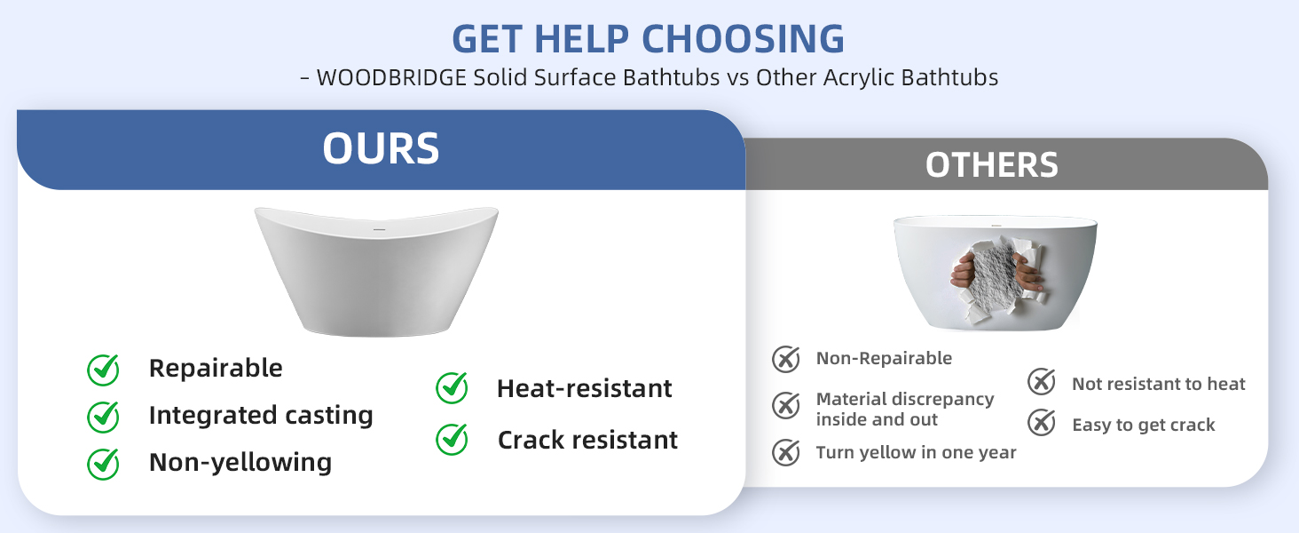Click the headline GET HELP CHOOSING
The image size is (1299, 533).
tap(648, 39)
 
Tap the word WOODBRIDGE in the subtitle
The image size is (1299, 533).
tap(391, 77)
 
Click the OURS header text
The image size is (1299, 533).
tap(381, 148)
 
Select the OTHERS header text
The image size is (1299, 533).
tap(992, 164)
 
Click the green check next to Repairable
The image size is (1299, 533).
tap(103, 370)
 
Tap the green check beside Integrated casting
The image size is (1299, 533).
tap(103, 417)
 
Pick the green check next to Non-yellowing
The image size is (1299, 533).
tap(103, 464)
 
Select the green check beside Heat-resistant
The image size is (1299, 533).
tap(452, 388)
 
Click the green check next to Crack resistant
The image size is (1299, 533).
tap(452, 440)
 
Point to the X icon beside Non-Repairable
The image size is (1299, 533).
tap(786, 359)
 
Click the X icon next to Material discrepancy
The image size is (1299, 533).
tap(786, 405)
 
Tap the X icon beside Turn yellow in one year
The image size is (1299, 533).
tap(786, 452)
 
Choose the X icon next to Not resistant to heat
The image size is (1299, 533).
tap(1042, 381)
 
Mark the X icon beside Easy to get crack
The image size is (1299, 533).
tap(1042, 422)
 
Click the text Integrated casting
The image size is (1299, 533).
tap(261, 416)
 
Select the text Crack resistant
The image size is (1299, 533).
tap(587, 440)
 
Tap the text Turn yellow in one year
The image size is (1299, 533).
tap(917, 452)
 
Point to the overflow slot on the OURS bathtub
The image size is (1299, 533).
tap(379, 229)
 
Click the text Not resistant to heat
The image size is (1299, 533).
tap(1159, 384)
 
